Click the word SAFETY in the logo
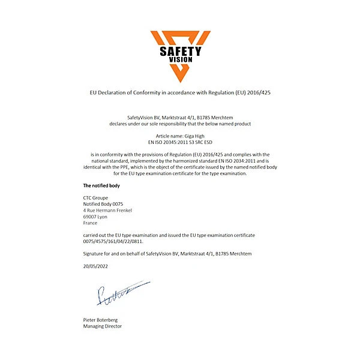[x=180, y=51]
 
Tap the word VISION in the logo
[x=180, y=61]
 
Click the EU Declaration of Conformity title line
[x=180, y=93]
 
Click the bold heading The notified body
[x=101, y=185]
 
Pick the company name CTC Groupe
[x=95, y=197]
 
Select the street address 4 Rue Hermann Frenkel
[x=107, y=210]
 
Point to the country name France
[x=90, y=223]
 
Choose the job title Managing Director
[x=103, y=326]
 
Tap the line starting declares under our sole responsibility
[x=180, y=124]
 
